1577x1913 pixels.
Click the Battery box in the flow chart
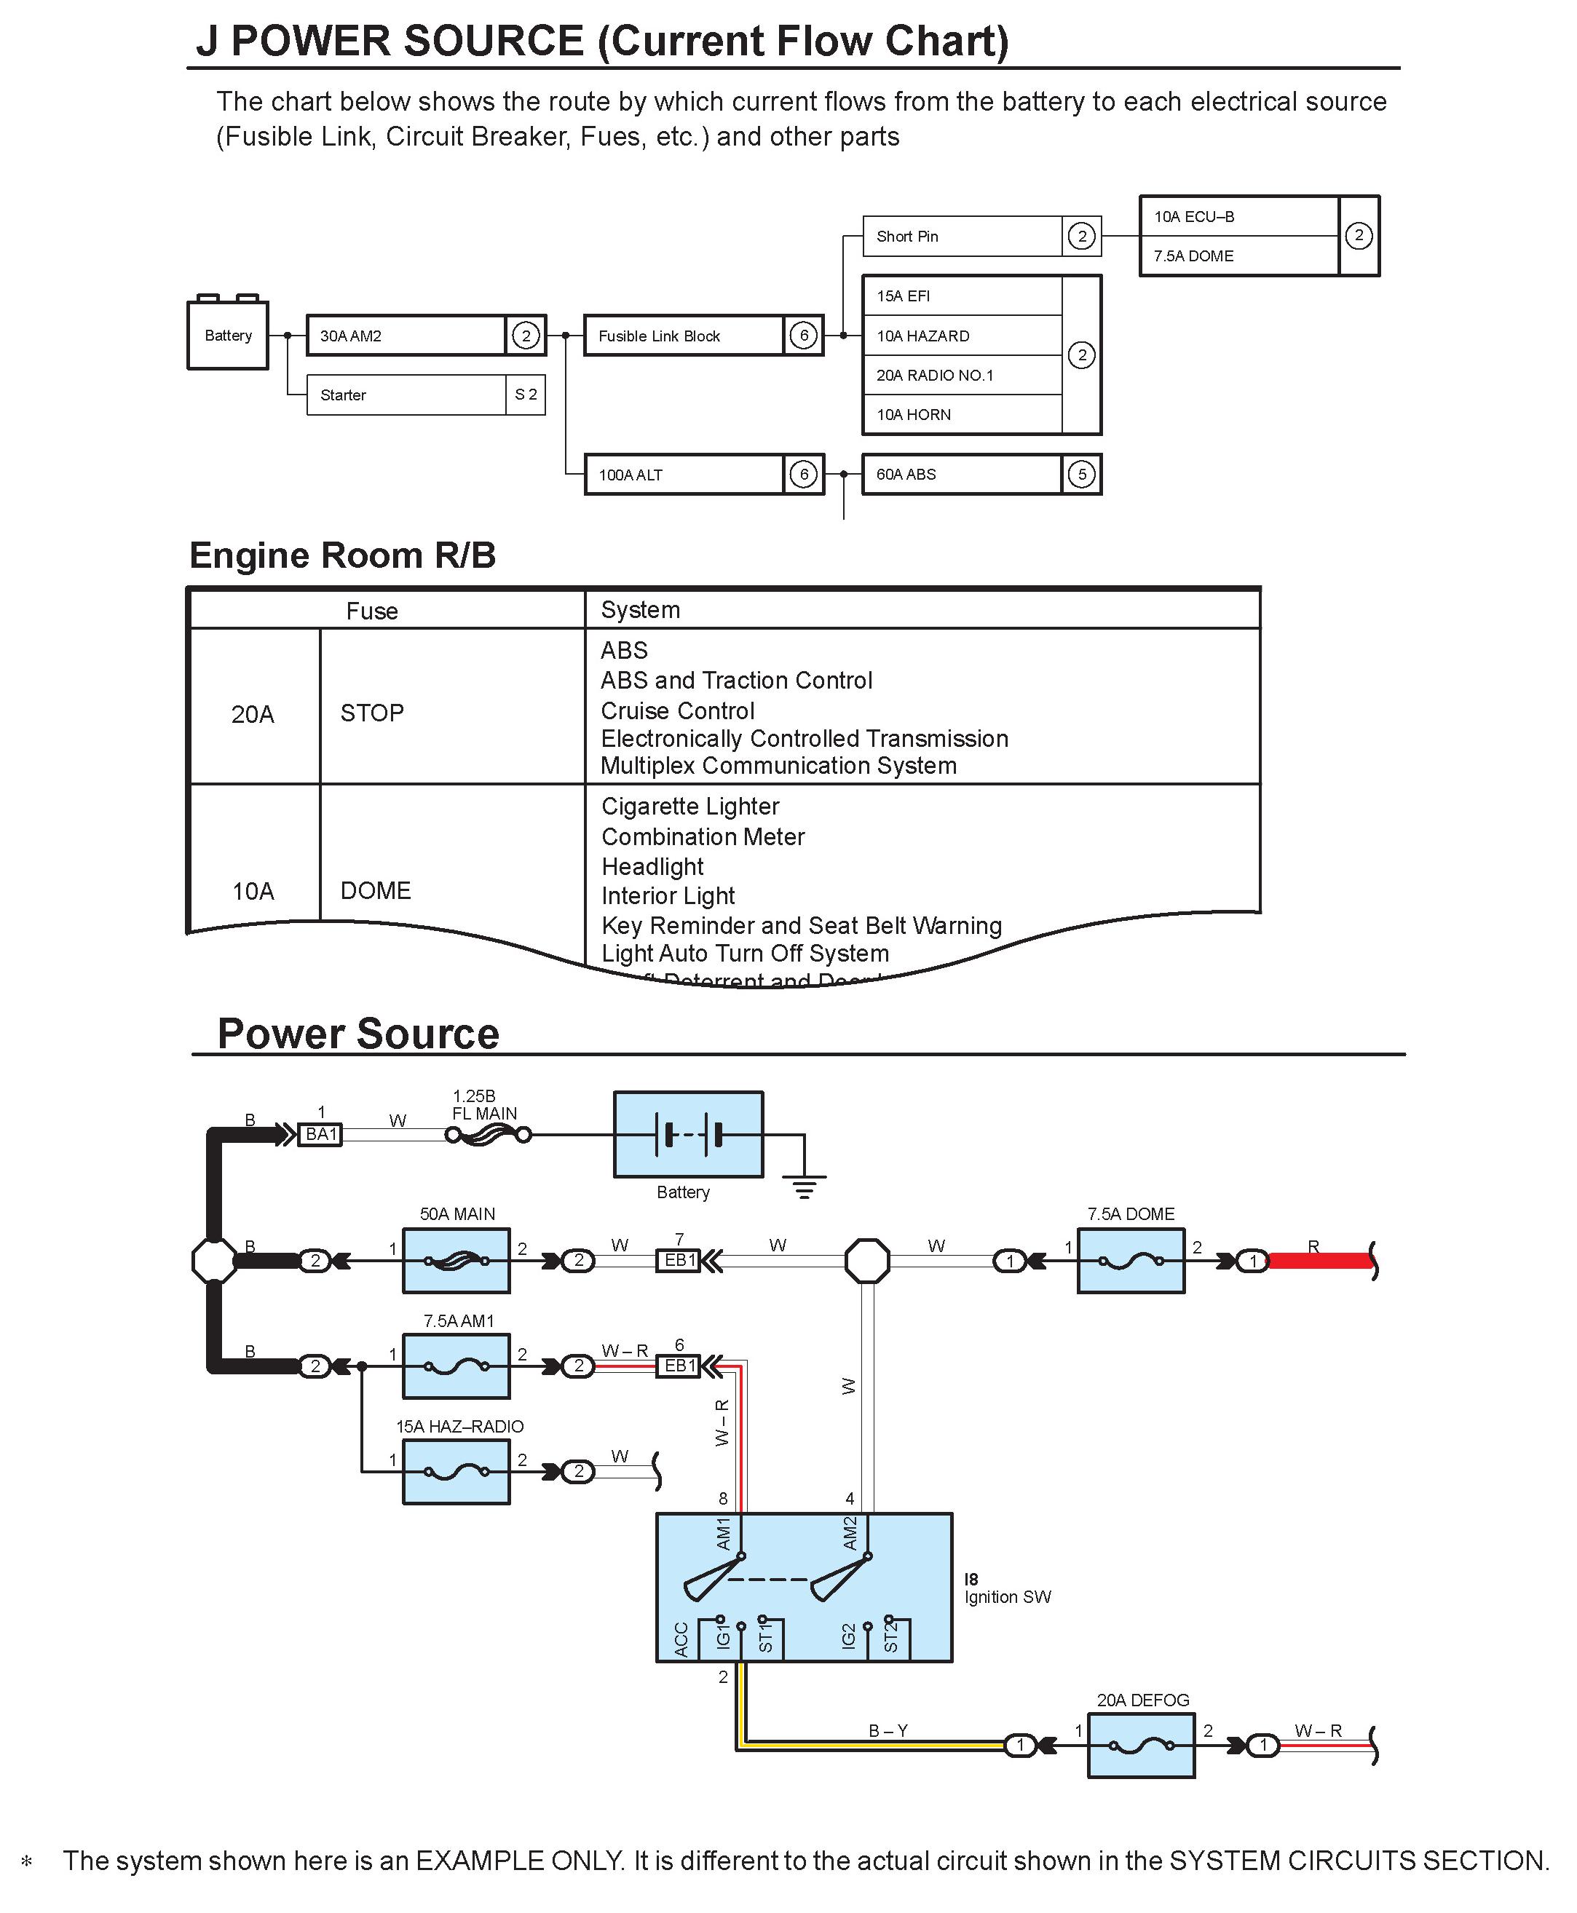tap(227, 335)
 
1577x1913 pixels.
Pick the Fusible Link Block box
tap(683, 335)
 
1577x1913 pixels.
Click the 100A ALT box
tap(683, 474)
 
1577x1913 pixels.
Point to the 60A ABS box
tap(961, 474)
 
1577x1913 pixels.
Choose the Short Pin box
tap(961, 236)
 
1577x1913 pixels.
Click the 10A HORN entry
tap(961, 414)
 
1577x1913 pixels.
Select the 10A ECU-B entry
tap(1238, 217)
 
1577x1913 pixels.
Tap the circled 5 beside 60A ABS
tap(1081, 474)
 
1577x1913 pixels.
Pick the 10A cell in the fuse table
tap(253, 891)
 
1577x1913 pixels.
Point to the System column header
tap(641, 609)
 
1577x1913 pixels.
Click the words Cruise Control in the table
tap(678, 710)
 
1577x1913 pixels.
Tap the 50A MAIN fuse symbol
tap(456, 1261)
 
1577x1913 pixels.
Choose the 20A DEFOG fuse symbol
tap(1141, 1745)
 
